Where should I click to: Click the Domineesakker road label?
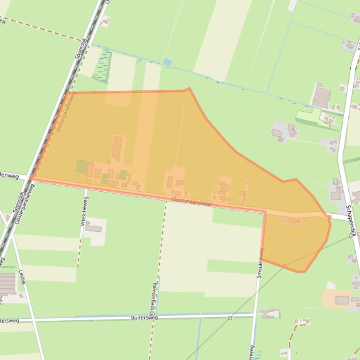[x=192, y=202]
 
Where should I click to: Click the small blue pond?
[x=167, y=62]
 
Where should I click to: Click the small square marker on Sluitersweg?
[x=230, y=318]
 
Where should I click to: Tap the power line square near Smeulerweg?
[x=285, y=266]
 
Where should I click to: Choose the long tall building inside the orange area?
[x=117, y=147]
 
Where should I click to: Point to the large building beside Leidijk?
[x=7, y=283]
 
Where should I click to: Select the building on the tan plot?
[x=342, y=300]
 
